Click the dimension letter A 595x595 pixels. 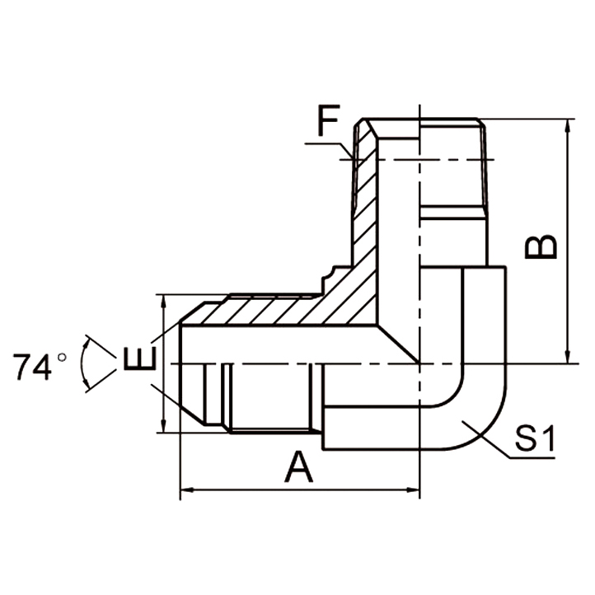299,468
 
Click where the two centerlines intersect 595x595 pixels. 419,363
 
